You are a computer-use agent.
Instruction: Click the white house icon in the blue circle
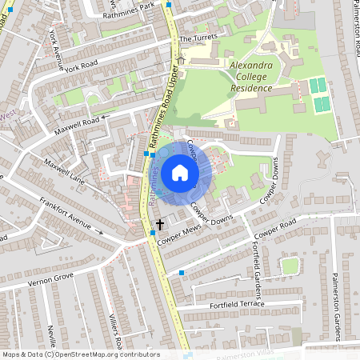point(180,173)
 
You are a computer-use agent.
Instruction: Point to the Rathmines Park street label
point(134,7)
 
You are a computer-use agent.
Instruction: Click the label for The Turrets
point(198,38)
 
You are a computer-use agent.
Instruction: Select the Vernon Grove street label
point(50,279)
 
